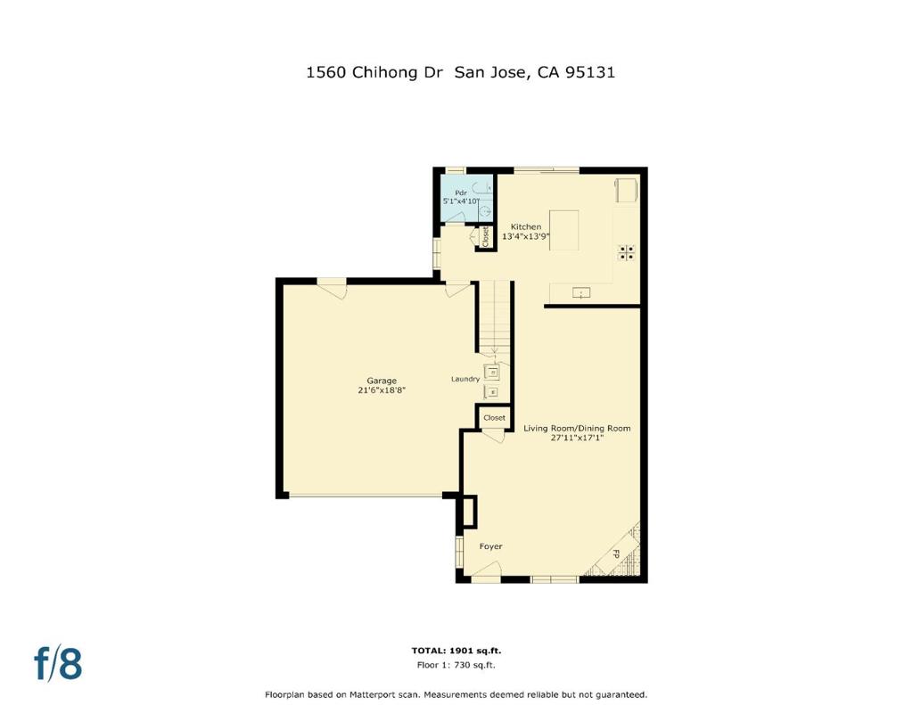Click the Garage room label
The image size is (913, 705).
pyautogui.click(x=382, y=381)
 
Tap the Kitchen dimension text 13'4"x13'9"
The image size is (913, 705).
pyautogui.click(x=526, y=236)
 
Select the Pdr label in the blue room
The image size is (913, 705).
pyautogui.click(x=461, y=193)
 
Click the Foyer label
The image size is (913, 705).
pyautogui.click(x=490, y=546)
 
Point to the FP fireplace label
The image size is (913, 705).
pyautogui.click(x=615, y=554)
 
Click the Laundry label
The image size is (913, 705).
pyautogui.click(x=465, y=379)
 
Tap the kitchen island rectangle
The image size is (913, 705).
pyautogui.click(x=564, y=231)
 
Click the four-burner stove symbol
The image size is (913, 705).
pyautogui.click(x=627, y=252)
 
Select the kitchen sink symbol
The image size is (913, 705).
pyautogui.click(x=581, y=293)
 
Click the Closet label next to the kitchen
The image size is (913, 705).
pyautogui.click(x=485, y=236)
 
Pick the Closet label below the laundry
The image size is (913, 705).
pyautogui.click(x=494, y=417)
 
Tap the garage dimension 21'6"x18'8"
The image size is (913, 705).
pyautogui.click(x=382, y=390)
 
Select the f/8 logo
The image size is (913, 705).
pyautogui.click(x=58, y=662)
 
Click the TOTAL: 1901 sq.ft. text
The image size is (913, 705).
pyautogui.click(x=456, y=651)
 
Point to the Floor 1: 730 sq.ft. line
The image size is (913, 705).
pyautogui.click(x=456, y=665)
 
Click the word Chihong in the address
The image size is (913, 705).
pyautogui.click(x=385, y=72)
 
